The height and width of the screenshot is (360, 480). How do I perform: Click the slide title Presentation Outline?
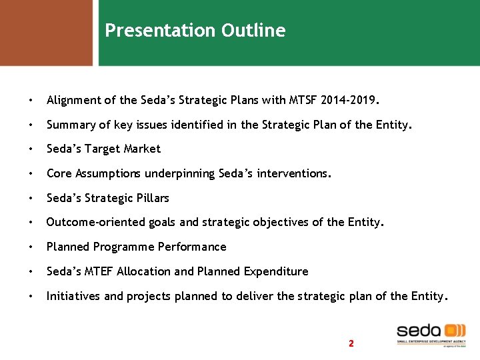pos(195,31)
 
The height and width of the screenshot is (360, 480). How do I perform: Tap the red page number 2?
pos(351,343)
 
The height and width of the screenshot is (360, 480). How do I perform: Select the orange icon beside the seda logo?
pos(455,331)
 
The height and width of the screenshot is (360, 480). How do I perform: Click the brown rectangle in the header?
pos(46,32)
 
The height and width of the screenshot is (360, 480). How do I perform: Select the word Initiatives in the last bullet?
pos(71,296)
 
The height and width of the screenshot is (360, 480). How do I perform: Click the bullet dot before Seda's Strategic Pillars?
pos(31,199)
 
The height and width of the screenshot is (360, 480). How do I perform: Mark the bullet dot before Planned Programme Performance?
pos(31,247)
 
